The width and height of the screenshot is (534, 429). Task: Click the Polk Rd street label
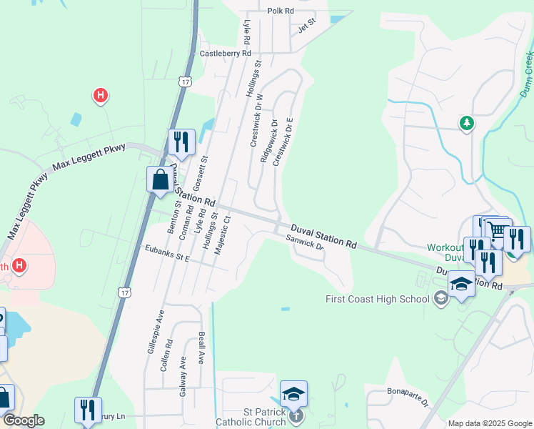(x=281, y=11)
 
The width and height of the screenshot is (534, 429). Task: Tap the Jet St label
(x=306, y=28)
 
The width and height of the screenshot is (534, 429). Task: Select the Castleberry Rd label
(x=226, y=53)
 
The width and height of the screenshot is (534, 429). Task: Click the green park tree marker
(x=467, y=124)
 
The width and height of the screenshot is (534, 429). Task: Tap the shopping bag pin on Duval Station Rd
(x=159, y=179)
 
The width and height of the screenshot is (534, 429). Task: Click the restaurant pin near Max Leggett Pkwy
(x=181, y=142)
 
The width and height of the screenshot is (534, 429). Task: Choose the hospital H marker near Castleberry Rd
(x=101, y=94)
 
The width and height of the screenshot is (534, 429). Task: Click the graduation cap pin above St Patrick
(x=293, y=393)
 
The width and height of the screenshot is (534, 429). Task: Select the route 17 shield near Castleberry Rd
(x=186, y=82)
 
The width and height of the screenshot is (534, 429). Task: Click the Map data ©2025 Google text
(x=489, y=423)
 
